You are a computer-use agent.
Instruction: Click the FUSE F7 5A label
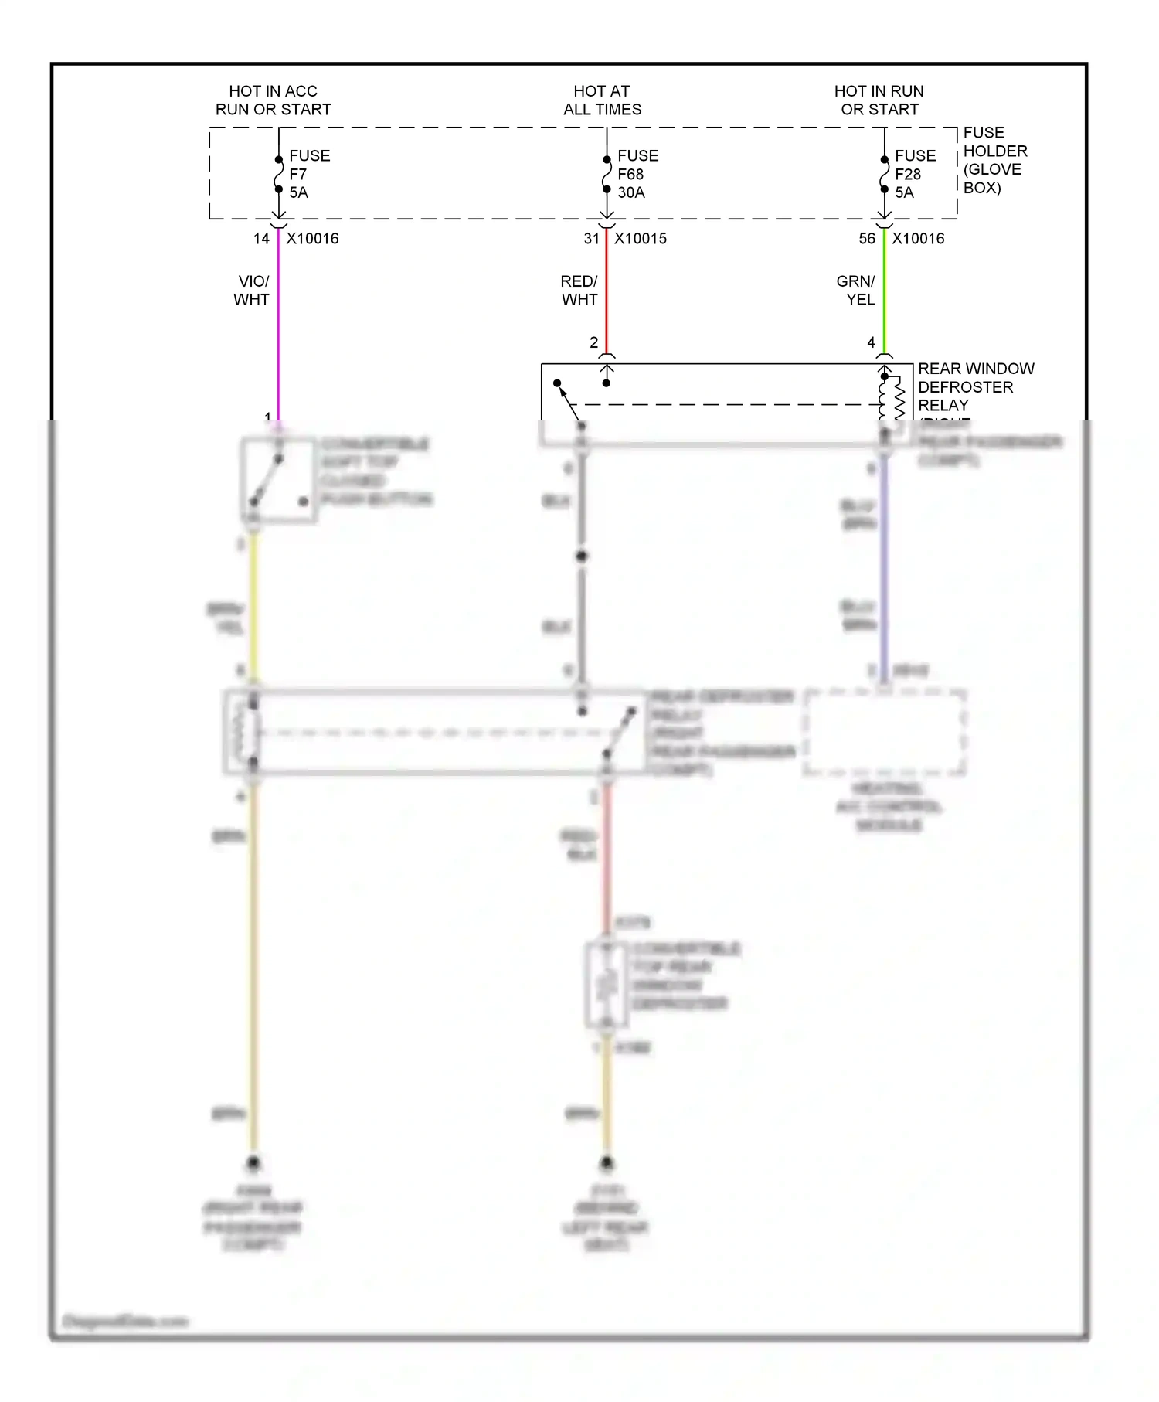pos(309,174)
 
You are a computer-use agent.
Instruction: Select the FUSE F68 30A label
pos(637,174)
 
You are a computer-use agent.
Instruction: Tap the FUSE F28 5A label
pos(915,174)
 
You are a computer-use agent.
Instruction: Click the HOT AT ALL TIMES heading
pos(602,100)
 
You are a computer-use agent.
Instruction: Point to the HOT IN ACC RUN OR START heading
pos(273,100)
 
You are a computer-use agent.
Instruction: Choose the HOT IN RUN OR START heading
pos(879,100)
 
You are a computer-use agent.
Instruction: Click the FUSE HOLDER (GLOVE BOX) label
pos(994,160)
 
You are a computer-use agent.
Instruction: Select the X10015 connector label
pos(640,239)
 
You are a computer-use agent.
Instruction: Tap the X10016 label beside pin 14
pos(312,239)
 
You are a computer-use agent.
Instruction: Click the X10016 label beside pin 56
pos(918,239)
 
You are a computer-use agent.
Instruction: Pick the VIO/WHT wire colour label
pos(252,291)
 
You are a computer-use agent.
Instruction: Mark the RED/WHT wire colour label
pos(579,291)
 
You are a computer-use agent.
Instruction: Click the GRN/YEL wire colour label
pos(856,291)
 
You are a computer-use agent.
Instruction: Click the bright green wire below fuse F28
pos(884,294)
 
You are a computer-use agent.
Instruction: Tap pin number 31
pos(592,239)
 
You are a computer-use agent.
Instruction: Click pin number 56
pos(867,239)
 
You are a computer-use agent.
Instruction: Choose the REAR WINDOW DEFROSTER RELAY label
pos(975,386)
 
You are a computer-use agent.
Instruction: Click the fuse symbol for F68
pos(607,175)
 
